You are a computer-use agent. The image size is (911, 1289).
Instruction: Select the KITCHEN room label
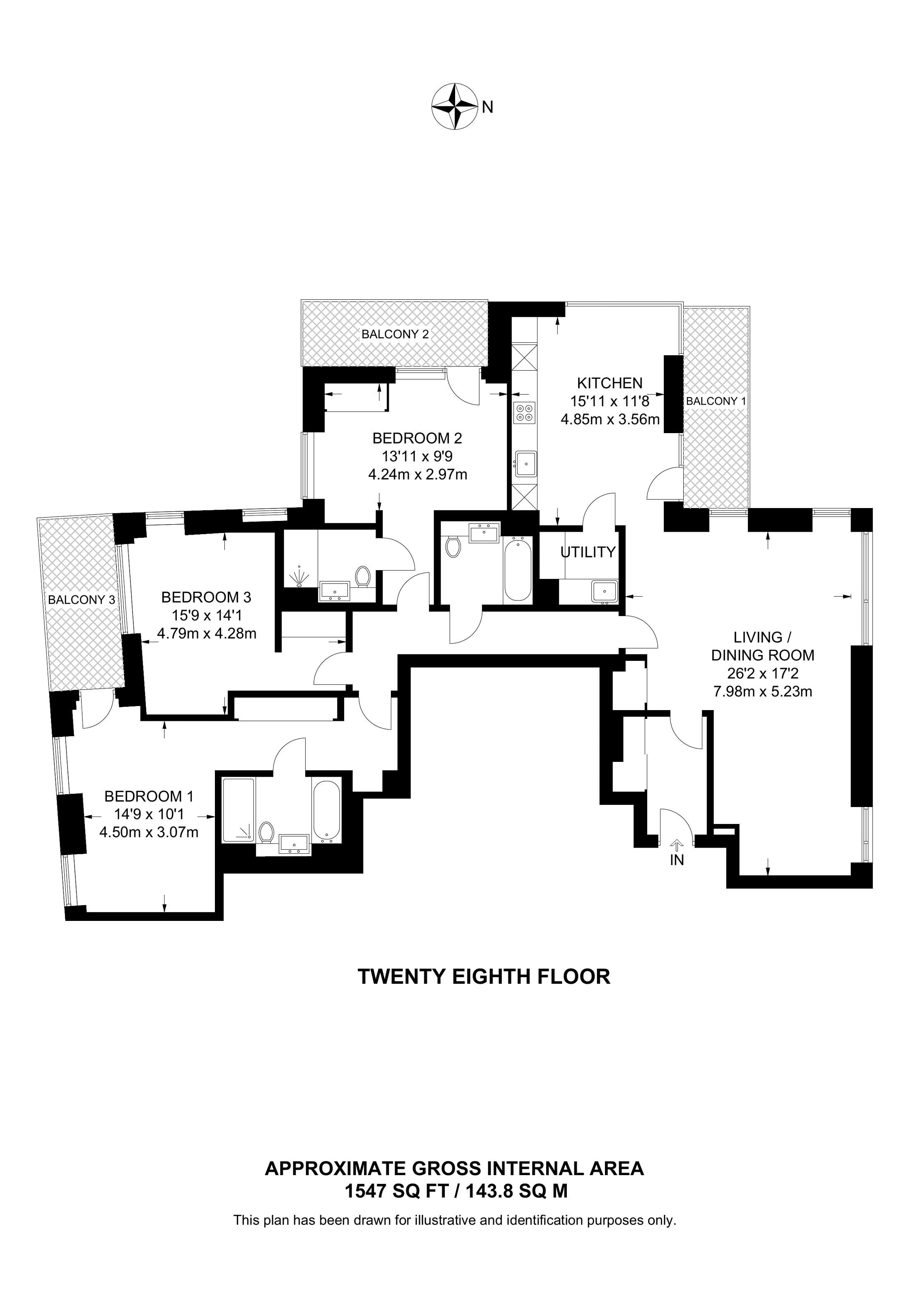(610, 383)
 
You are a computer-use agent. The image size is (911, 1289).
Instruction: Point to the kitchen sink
(526, 463)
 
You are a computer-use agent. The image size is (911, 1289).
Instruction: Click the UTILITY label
(588, 552)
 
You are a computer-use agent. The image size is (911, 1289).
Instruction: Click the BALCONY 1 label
(716, 401)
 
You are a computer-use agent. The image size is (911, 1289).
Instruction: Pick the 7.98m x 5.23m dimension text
(762, 691)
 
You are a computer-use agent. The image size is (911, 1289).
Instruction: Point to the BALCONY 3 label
(82, 600)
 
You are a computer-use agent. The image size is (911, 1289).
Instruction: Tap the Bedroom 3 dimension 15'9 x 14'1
(207, 615)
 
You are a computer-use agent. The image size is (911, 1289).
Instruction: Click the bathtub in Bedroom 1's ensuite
(326, 810)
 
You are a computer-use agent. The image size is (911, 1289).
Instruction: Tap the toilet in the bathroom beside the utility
(453, 546)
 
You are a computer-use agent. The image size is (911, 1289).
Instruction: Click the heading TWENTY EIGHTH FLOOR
(484, 977)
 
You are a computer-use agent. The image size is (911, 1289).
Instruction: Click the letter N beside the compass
(487, 107)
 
